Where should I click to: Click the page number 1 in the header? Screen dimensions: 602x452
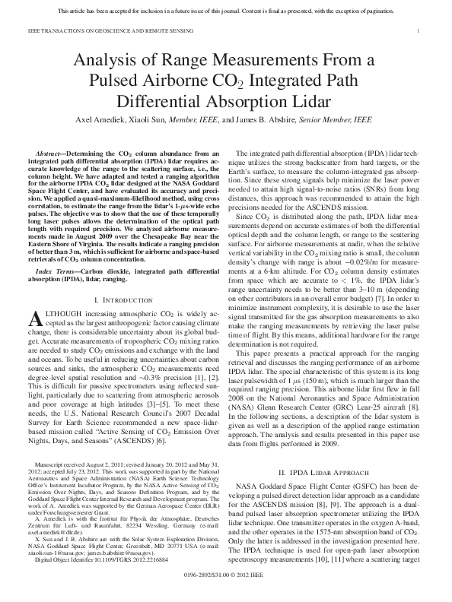click(421, 30)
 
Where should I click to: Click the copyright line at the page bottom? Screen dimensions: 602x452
click(225, 588)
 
